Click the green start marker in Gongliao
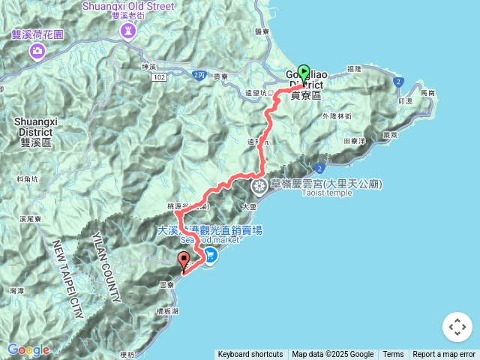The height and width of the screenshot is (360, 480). (304, 73)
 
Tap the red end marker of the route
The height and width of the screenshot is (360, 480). (184, 261)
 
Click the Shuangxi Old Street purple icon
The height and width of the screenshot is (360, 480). (126, 31)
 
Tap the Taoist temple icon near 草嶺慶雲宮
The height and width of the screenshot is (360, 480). (259, 185)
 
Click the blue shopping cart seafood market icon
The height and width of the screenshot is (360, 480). (211, 255)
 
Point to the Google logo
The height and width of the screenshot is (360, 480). (28, 349)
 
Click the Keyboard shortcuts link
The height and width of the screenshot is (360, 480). (250, 355)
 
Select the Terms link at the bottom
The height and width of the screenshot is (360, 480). (393, 355)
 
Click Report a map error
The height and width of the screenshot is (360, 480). (445, 355)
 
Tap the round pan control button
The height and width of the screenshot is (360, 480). (457, 327)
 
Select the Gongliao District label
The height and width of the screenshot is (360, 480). (305, 85)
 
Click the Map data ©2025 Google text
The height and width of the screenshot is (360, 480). (332, 355)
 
